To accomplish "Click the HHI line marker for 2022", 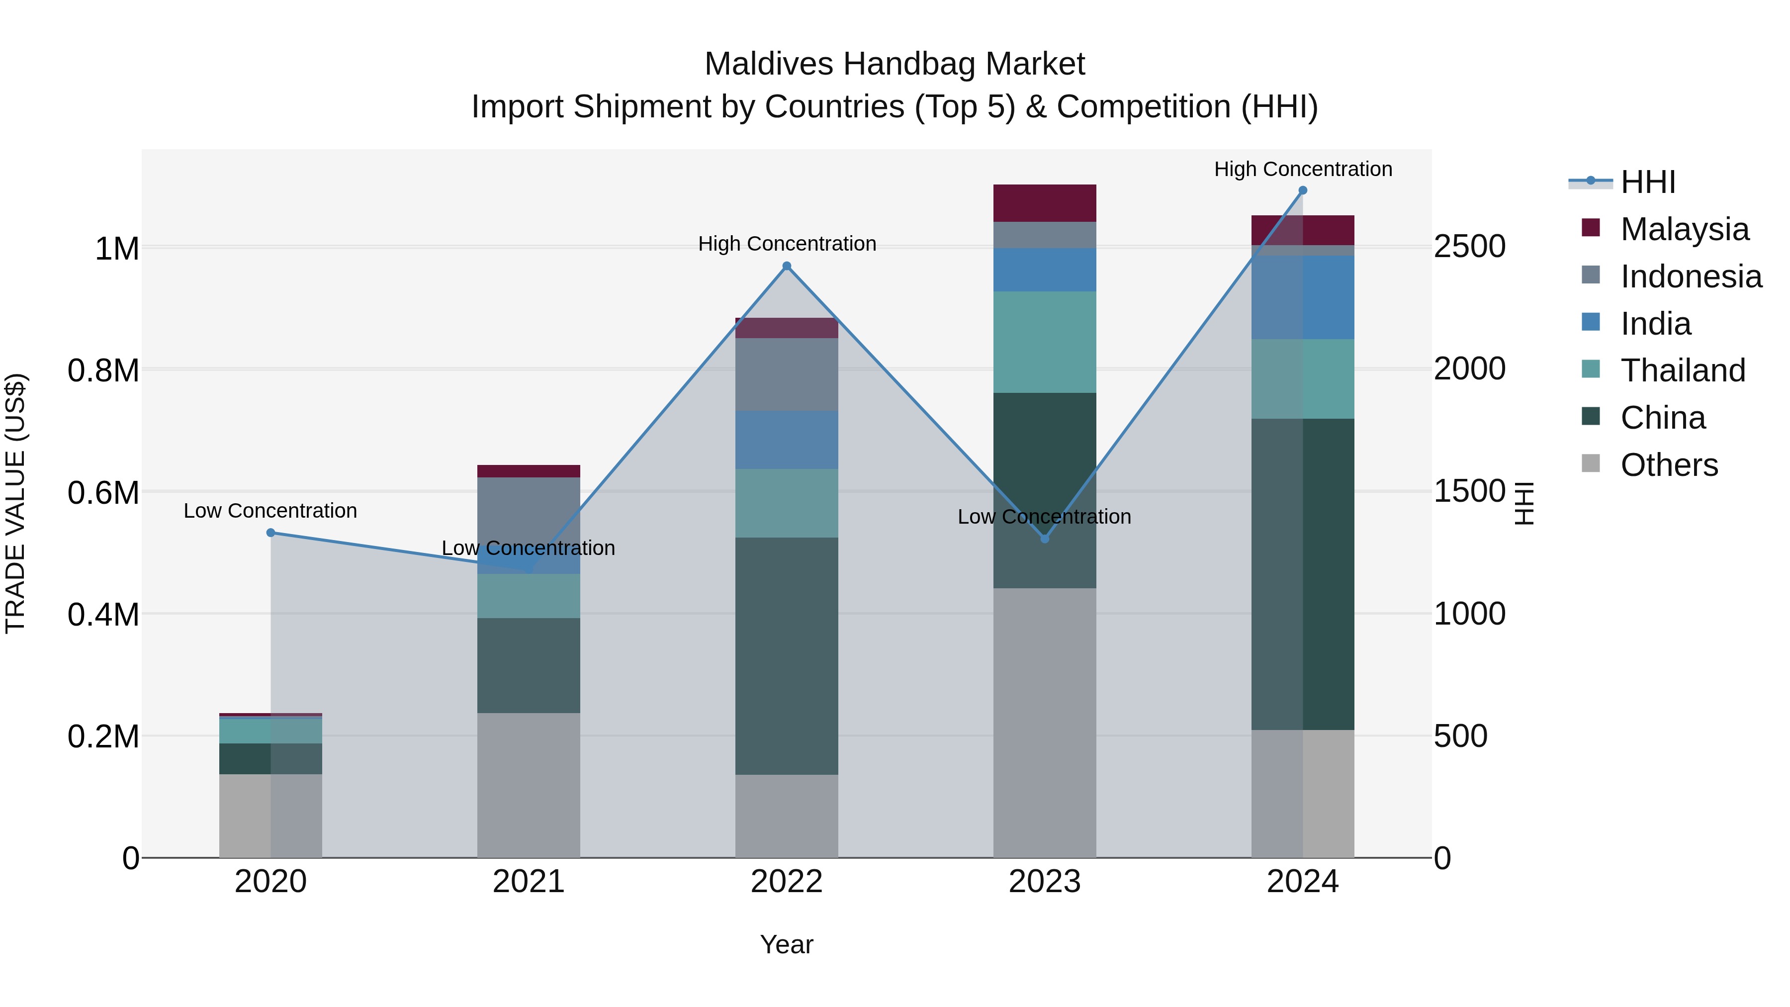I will click(x=787, y=266).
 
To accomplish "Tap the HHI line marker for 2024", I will click(x=1303, y=190).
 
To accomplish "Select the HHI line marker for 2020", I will click(x=271, y=533).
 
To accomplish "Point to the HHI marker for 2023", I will click(x=1044, y=539).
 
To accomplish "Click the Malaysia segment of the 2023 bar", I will click(x=1044, y=203).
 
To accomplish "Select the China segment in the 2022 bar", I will click(x=787, y=656).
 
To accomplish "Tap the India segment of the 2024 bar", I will click(x=1303, y=297).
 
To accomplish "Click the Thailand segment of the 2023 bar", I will click(x=1044, y=342).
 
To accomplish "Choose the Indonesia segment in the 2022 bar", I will click(x=787, y=374).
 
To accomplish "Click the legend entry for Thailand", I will click(x=1682, y=370).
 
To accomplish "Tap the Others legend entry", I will click(x=1668, y=465).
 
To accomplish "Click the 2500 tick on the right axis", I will click(x=1470, y=247).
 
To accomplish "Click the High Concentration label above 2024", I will click(x=1303, y=169).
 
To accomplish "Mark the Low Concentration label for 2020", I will click(x=270, y=511).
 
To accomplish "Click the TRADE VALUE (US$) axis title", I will click(x=15, y=503).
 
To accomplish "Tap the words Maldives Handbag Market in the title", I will click(x=895, y=65).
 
